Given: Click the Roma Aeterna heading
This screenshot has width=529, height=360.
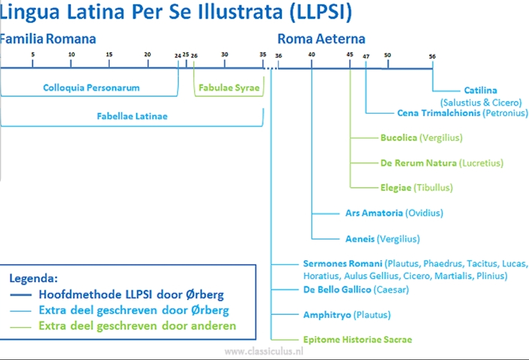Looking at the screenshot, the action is [x=321, y=39].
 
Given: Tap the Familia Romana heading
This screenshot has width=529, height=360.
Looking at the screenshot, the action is [x=47, y=39].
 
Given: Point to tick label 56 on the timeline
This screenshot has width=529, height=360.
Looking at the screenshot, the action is [x=432, y=56].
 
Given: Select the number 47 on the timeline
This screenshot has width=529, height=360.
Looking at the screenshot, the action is [x=366, y=56].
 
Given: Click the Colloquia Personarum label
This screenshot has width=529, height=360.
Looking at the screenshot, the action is [x=91, y=88].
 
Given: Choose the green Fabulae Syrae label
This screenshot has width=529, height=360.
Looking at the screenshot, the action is [x=229, y=88].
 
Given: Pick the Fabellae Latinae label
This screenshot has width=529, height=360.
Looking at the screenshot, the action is [x=132, y=116].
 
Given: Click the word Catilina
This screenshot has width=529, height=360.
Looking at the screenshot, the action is [x=481, y=90].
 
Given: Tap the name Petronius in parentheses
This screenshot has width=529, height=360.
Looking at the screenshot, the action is [x=505, y=113].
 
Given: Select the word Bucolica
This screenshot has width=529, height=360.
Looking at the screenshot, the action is [x=399, y=137].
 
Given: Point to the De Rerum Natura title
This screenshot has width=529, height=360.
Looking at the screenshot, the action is [x=418, y=163].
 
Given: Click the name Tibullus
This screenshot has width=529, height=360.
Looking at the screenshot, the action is [x=434, y=187].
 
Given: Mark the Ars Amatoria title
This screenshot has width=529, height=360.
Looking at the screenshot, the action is [x=374, y=213].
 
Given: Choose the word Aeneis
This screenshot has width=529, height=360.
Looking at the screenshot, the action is [x=360, y=239].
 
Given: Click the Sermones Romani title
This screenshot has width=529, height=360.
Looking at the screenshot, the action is [x=343, y=264].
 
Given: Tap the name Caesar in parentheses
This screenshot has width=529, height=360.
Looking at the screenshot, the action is [x=391, y=289].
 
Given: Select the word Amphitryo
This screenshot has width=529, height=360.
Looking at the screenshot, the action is [x=327, y=315].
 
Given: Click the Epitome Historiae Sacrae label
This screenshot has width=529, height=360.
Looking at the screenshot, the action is [x=357, y=339].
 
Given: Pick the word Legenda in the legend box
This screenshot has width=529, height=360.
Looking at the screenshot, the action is [x=34, y=278].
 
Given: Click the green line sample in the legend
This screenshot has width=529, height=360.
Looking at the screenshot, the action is [x=21, y=327].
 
